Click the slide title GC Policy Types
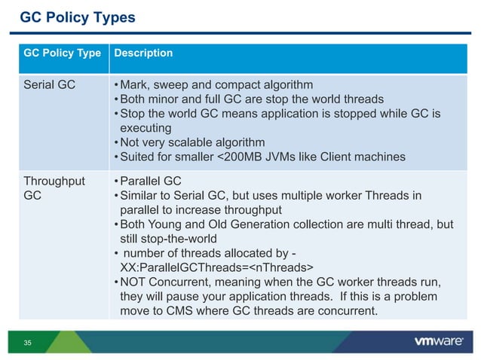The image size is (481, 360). click(77, 17)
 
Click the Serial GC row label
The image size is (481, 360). click(50, 84)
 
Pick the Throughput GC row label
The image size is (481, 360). click(54, 188)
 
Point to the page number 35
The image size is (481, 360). click(28, 343)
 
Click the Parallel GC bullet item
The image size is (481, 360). click(147, 182)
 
